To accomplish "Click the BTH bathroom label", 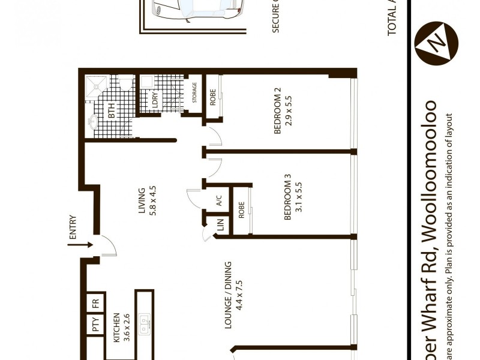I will tap(111, 111).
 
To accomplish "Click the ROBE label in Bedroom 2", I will tap(213, 98).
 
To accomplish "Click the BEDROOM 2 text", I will tap(277, 112).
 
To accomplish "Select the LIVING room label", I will tap(142, 200).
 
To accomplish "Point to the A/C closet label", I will tap(219, 202).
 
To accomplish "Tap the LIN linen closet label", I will tap(221, 226).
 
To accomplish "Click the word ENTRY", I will tap(73, 228).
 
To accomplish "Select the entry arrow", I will tap(79, 245).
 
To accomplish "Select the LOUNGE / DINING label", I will tap(229, 307).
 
